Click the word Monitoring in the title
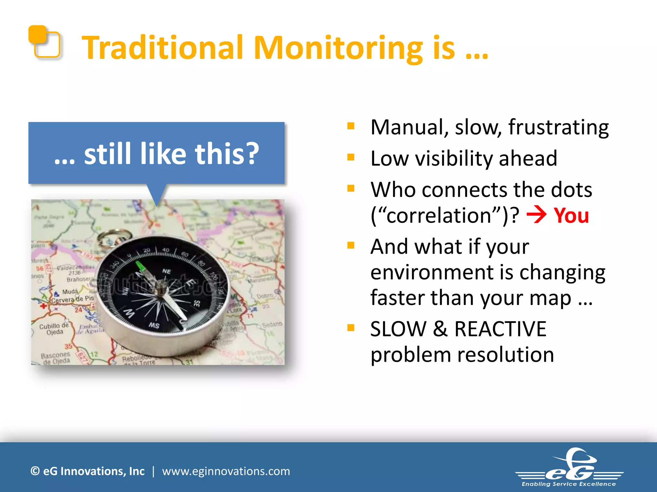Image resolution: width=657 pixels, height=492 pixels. tap(338, 48)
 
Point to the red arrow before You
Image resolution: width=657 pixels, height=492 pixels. tap(536, 215)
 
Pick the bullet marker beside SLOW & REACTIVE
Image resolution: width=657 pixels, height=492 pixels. tap(351, 328)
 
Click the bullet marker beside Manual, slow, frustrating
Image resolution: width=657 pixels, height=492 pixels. tap(351, 126)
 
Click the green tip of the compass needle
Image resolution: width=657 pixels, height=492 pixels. tap(140, 266)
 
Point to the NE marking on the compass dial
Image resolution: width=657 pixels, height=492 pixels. tap(166, 271)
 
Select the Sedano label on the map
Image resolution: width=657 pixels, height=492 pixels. tap(272, 324)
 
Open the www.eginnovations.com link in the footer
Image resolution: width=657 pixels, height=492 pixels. tap(226, 471)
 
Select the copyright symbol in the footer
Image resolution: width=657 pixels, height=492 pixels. tap(35, 471)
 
